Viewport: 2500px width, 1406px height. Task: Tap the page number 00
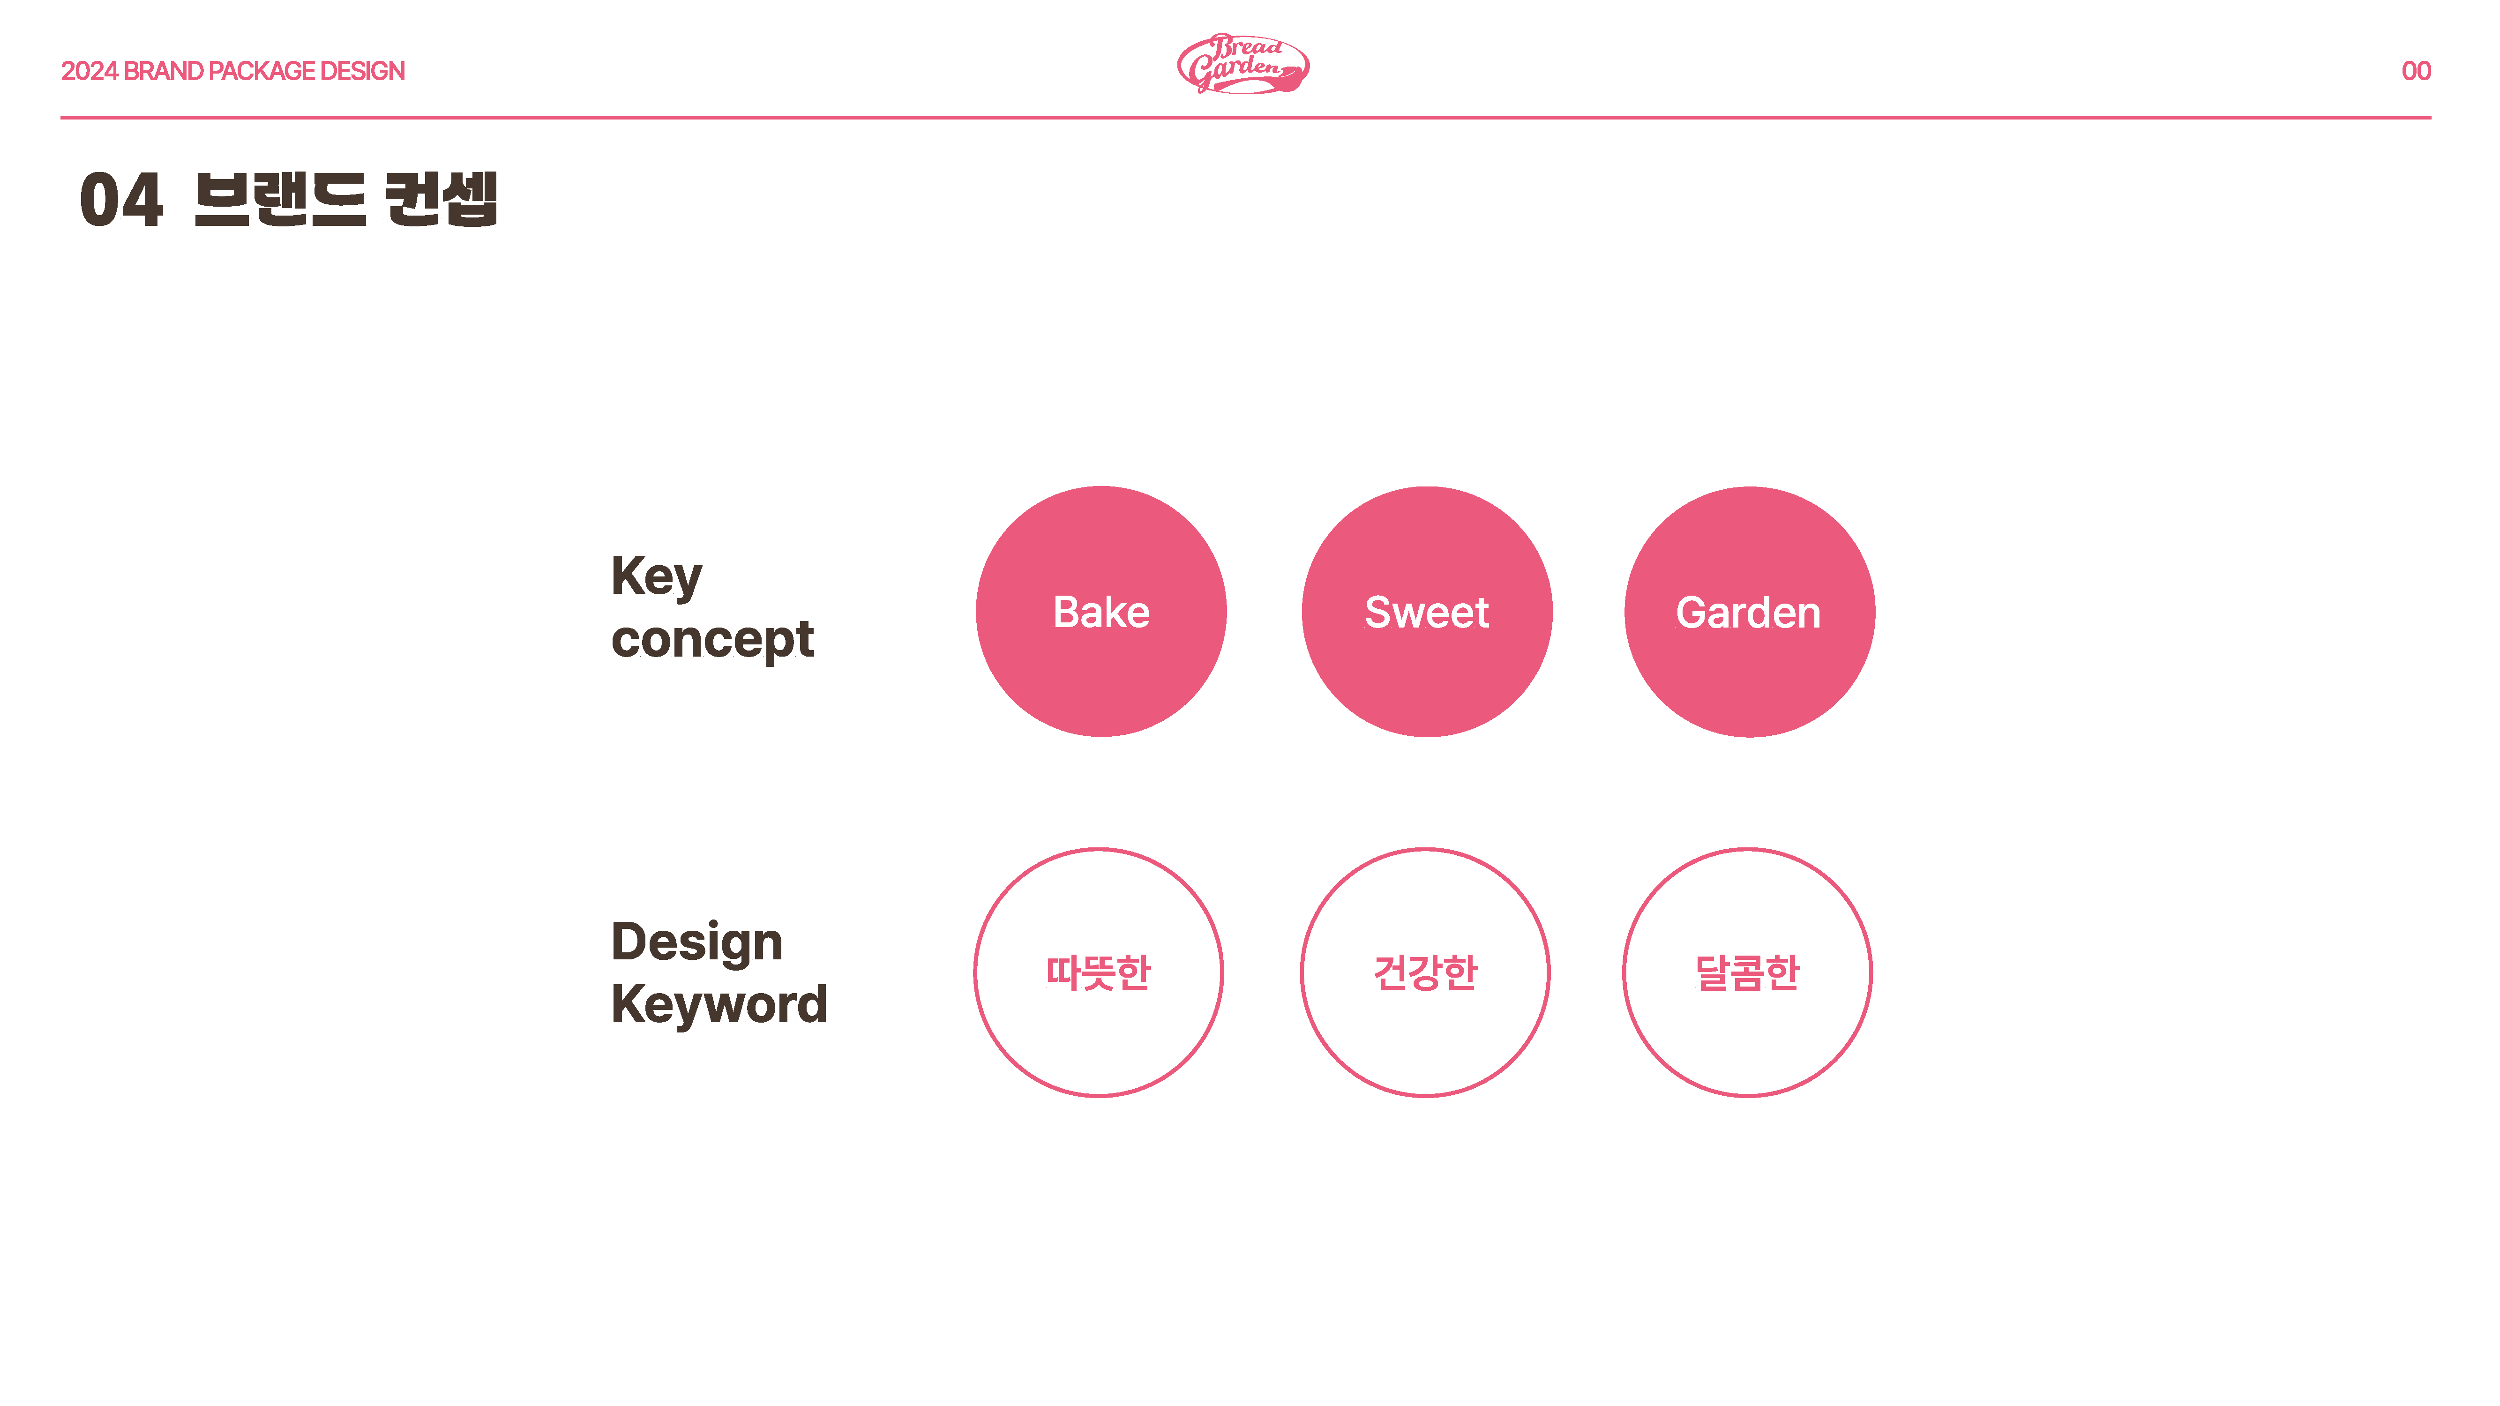pyautogui.click(x=2416, y=71)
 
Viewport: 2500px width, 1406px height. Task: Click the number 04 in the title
pyautogui.click(x=121, y=200)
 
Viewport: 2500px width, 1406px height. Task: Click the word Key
pyautogui.click(x=656, y=577)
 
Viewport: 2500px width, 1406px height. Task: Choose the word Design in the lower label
pyautogui.click(x=697, y=942)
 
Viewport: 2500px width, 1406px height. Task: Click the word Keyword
pyautogui.click(x=719, y=1004)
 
